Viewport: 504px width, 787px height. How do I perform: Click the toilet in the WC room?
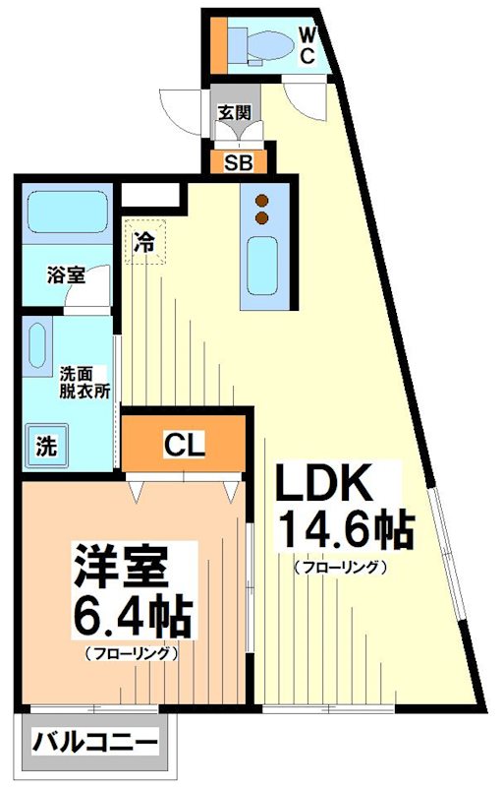(263, 44)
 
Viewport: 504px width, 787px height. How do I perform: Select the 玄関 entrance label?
(233, 112)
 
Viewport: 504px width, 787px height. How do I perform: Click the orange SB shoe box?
(238, 163)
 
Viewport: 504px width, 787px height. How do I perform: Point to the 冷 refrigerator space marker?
(144, 241)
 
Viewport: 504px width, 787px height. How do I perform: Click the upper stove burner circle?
(262, 202)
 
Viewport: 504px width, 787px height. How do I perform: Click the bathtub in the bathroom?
(68, 212)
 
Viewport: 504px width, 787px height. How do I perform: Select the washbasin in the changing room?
(37, 346)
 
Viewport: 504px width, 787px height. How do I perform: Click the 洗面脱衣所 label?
(84, 382)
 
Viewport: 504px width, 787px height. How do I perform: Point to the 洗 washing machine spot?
(46, 445)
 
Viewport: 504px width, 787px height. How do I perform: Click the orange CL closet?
(183, 446)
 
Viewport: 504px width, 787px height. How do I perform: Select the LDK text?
(324, 486)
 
